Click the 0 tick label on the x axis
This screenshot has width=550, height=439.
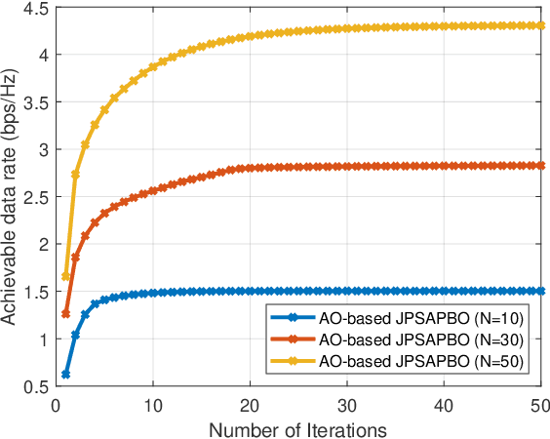coord(56,404)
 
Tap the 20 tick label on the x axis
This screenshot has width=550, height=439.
coord(250,404)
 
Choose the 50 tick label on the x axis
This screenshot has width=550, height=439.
coord(540,404)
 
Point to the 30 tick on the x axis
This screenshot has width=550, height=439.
coord(346,404)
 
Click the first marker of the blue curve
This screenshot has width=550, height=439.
coord(65,375)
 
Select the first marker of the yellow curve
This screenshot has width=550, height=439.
coord(65,277)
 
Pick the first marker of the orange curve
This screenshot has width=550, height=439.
coord(65,314)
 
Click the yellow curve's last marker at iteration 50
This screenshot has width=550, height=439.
coord(540,25)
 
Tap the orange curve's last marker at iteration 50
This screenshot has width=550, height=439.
coord(540,166)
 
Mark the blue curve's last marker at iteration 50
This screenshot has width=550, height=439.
coord(540,291)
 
